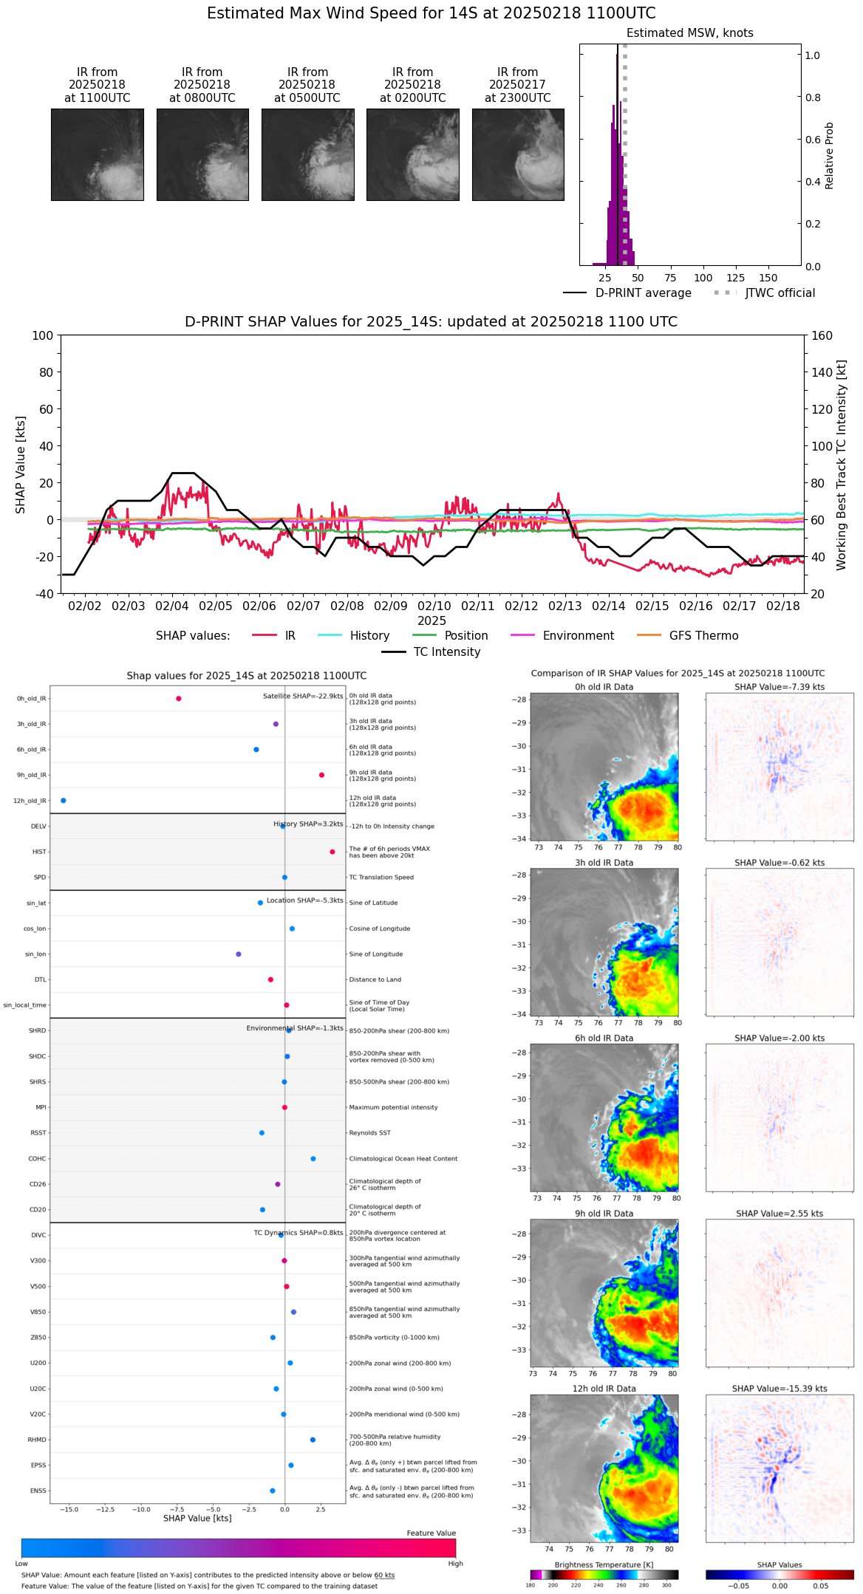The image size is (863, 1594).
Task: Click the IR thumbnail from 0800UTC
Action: pyautogui.click(x=202, y=154)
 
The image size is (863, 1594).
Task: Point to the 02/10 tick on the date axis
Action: pyautogui.click(x=434, y=606)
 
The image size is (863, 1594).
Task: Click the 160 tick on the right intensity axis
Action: pyautogui.click(x=822, y=335)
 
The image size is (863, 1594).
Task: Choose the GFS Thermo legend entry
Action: pyautogui.click(x=703, y=636)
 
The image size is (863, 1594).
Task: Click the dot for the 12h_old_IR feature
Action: pyautogui.click(x=64, y=801)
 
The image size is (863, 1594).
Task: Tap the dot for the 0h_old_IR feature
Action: pyautogui.click(x=179, y=699)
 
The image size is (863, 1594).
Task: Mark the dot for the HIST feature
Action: pyautogui.click(x=332, y=852)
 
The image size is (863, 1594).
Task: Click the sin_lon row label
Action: pyautogui.click(x=35, y=954)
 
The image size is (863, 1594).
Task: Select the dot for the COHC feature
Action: pyautogui.click(x=313, y=1158)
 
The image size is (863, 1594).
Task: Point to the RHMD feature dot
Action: pyautogui.click(x=313, y=1440)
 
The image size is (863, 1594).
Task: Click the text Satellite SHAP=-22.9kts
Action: pyautogui.click(x=303, y=697)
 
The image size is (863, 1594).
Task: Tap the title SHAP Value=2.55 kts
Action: pyautogui.click(x=779, y=1214)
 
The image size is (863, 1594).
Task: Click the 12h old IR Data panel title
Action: pyautogui.click(x=604, y=1389)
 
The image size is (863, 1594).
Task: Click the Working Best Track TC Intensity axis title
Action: pyautogui.click(x=842, y=465)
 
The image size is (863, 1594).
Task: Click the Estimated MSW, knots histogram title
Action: pyautogui.click(x=689, y=33)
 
